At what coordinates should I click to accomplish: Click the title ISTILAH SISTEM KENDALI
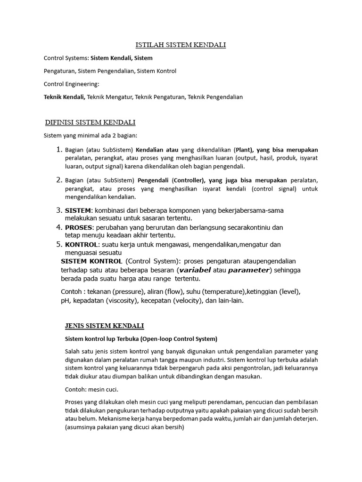coord(181,45)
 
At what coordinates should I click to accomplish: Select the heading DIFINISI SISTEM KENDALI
coord(90,122)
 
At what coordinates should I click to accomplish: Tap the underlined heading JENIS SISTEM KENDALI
coord(104,326)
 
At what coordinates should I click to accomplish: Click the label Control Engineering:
coord(72,84)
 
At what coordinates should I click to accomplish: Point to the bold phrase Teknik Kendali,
coord(65,97)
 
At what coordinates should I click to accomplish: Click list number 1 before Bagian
coord(59,150)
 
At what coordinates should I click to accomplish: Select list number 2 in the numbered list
coord(59,180)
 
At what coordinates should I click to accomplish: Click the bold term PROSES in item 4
coord(78,227)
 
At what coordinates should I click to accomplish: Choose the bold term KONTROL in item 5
coord(81,245)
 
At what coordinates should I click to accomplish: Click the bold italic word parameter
coord(249,270)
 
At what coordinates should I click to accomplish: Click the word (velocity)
coord(207,300)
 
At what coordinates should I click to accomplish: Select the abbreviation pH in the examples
coord(65,300)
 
